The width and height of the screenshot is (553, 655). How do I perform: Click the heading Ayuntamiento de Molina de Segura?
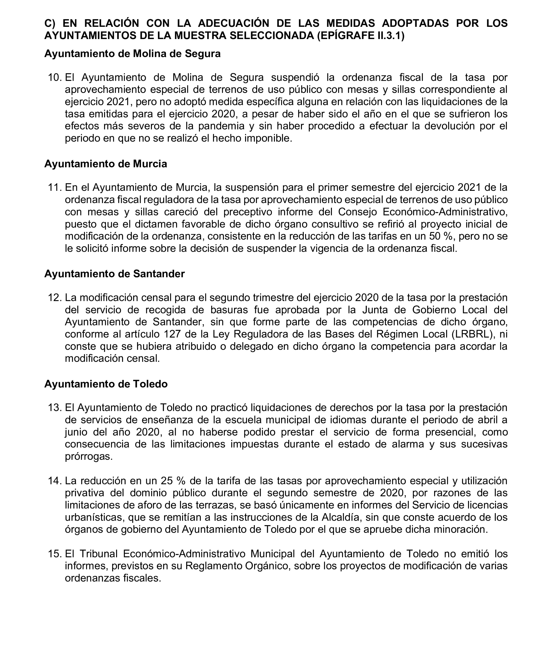pos(132,54)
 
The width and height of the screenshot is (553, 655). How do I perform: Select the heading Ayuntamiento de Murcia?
pos(105,164)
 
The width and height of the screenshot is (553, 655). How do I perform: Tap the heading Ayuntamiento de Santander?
pos(114,274)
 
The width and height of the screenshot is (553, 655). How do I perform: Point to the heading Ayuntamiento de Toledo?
pos(106,384)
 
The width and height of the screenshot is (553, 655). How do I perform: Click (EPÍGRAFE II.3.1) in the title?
pos(361,36)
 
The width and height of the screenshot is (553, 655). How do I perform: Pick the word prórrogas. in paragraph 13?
pos(89,456)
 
